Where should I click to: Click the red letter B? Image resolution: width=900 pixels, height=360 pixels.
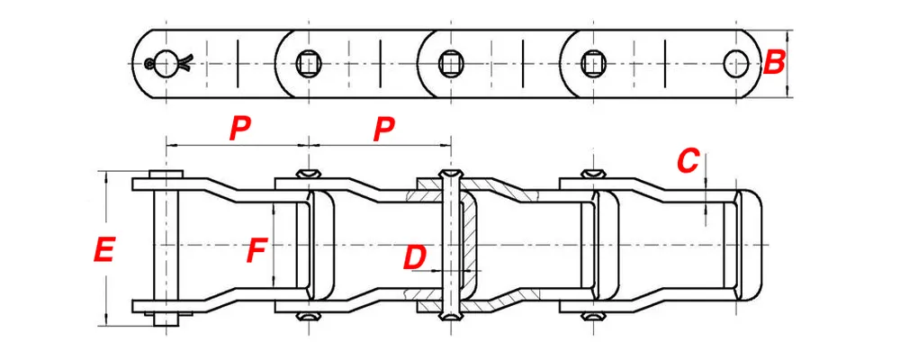[x=773, y=63]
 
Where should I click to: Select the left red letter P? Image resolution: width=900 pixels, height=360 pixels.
[x=238, y=129]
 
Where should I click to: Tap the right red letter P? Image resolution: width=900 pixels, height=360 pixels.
[x=384, y=129]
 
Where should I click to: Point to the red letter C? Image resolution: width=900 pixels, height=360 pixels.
[x=688, y=162]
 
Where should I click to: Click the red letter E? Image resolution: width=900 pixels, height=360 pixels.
[x=104, y=249]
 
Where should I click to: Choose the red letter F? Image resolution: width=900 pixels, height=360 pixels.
[x=256, y=250]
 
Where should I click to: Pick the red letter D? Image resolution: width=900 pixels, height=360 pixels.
[x=413, y=258]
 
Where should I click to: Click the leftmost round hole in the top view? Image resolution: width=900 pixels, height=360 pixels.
[x=166, y=63]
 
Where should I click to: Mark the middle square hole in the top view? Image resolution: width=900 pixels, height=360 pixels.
[x=450, y=63]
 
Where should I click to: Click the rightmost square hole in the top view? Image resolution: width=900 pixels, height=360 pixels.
[x=593, y=63]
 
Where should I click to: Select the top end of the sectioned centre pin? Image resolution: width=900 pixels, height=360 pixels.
[x=449, y=173]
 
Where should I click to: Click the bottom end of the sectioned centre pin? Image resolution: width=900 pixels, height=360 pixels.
[x=449, y=316]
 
